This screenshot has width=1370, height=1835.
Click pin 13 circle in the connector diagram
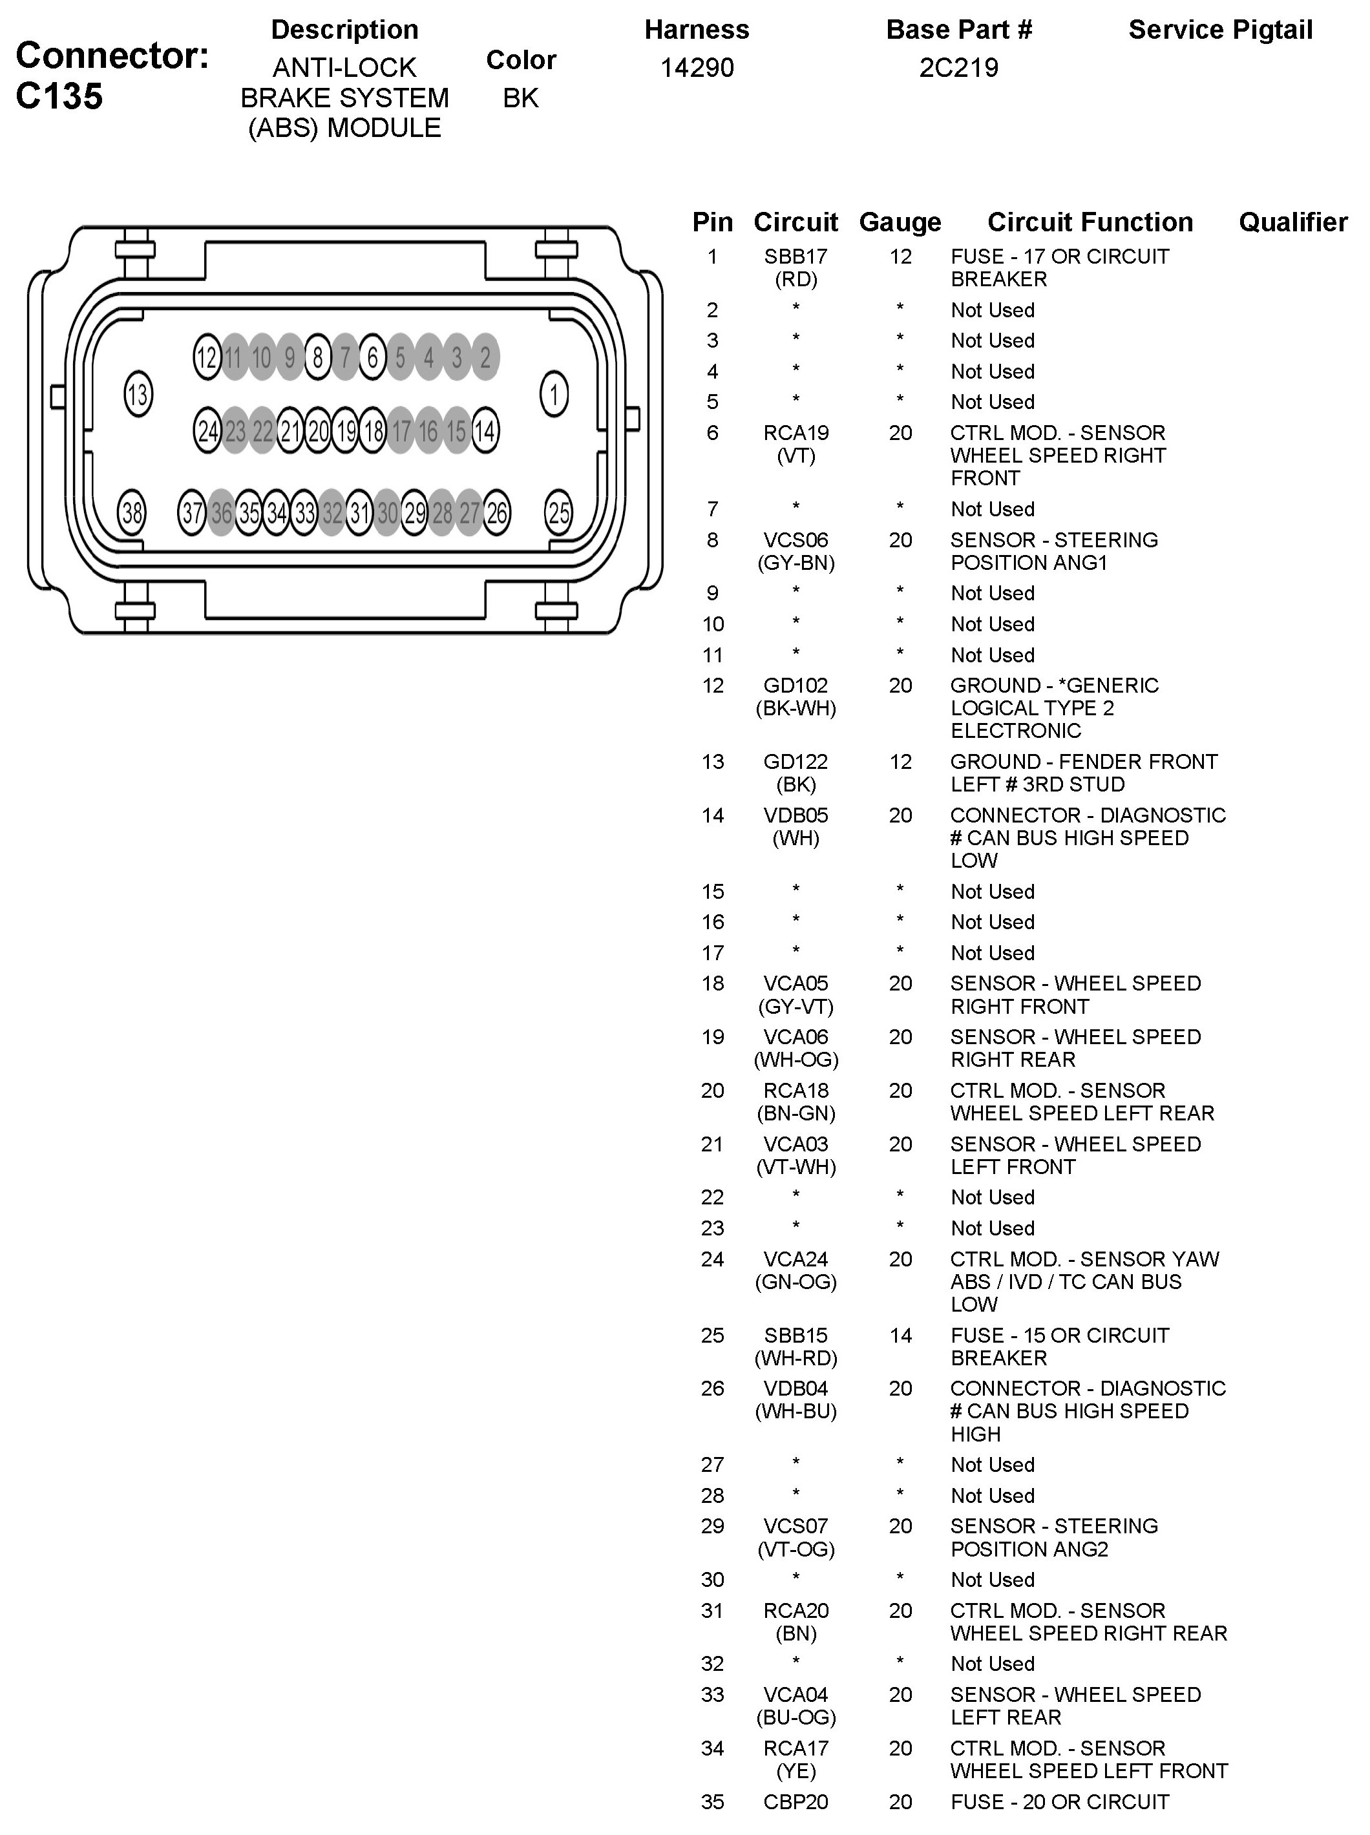138,394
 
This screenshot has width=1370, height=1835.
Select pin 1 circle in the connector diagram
554,394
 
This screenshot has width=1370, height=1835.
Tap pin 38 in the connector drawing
132,513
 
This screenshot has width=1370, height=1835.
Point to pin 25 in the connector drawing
559,513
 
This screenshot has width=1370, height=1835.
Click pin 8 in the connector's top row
318,357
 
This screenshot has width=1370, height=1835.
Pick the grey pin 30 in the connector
387,513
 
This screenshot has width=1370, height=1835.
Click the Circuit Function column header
1090,222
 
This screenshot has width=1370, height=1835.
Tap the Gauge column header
900,222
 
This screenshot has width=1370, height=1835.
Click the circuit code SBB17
796,257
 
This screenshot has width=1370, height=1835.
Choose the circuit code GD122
796,762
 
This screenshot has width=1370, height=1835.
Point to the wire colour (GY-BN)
796,563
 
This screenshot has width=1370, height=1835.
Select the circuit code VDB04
796,1389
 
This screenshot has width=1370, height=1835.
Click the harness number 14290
697,68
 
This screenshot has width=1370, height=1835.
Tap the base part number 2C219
958,68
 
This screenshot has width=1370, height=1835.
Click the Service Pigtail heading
1220,30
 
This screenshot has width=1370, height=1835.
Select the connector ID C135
59,96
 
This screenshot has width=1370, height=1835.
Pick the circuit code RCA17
796,1749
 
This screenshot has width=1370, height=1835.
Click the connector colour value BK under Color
521,98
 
